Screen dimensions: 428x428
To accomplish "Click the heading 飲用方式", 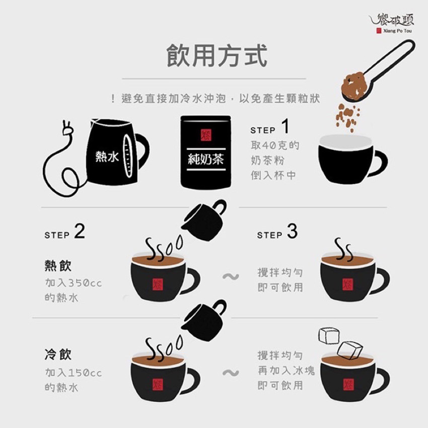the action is point(217,56).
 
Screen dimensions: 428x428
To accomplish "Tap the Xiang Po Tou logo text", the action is point(397,31).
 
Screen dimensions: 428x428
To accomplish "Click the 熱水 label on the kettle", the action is point(107,157).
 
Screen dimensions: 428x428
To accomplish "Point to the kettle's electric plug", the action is point(67,128).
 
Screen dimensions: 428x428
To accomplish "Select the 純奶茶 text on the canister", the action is point(206,159).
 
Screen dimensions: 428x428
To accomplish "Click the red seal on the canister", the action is point(206,135).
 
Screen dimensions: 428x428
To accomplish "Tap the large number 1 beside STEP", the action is point(285,126).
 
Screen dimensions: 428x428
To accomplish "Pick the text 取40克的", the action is point(275,146).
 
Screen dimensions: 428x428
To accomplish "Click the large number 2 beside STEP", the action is point(80,232).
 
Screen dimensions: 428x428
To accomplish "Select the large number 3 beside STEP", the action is point(292,232).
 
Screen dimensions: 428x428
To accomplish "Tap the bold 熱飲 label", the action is point(58,265).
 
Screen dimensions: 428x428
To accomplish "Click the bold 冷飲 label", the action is point(58,354).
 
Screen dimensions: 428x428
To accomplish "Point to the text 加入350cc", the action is point(74,283).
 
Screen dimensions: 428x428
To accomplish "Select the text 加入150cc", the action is point(74,373).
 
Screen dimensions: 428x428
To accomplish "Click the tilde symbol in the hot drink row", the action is point(231,277).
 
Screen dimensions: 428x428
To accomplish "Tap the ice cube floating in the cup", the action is point(349,350).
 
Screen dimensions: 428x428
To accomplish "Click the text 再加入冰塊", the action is point(287,371).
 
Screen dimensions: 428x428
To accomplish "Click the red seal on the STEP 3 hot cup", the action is point(348,284).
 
